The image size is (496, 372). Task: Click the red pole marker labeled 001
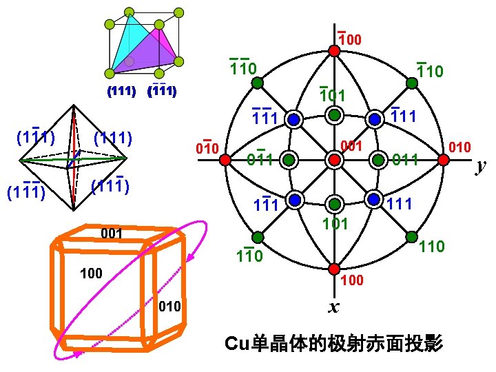coord(334,160)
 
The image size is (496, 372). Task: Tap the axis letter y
coord(481,166)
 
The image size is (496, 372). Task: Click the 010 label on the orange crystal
coord(169,306)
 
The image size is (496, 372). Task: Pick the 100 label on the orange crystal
coord(91,274)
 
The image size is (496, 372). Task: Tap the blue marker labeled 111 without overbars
coord(374,199)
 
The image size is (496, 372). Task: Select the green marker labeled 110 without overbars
coord(411,237)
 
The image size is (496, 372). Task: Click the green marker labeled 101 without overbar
coord(334,204)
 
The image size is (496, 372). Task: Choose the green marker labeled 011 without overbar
coord(378,160)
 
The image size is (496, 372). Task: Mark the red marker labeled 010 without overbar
coord(443,160)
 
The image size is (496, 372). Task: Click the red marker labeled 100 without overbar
coord(333,269)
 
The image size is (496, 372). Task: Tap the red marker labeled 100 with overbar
coord(333,50)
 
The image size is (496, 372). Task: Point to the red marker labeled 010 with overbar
coord(225,160)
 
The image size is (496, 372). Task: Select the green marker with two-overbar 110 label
coord(256,83)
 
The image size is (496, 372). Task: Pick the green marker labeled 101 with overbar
coord(334,114)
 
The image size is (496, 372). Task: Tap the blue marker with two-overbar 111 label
coord(294,119)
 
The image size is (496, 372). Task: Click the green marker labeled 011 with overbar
coord(289,160)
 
